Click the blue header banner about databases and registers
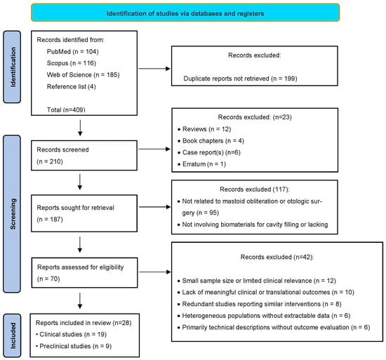click(x=185, y=13)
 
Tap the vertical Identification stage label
click(x=12, y=67)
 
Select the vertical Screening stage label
click(x=12, y=214)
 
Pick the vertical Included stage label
click(x=13, y=335)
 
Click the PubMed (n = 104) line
click(x=72, y=52)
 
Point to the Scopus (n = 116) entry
click(x=72, y=63)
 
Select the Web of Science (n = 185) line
click(x=84, y=75)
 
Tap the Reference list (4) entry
click(x=71, y=86)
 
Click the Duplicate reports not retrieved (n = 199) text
click(x=240, y=79)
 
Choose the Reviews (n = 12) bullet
click(x=204, y=129)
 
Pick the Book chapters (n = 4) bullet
click(x=211, y=141)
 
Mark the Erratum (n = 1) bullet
click(x=201, y=164)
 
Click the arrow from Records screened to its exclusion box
click(x=154, y=149)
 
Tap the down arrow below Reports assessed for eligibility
click(x=80, y=300)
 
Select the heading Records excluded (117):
click(x=255, y=189)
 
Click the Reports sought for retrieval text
click(x=75, y=208)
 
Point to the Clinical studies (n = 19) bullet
click(x=71, y=335)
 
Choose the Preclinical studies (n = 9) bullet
click(x=74, y=346)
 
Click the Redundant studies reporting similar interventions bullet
click(x=260, y=304)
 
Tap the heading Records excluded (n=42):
click(x=277, y=257)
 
